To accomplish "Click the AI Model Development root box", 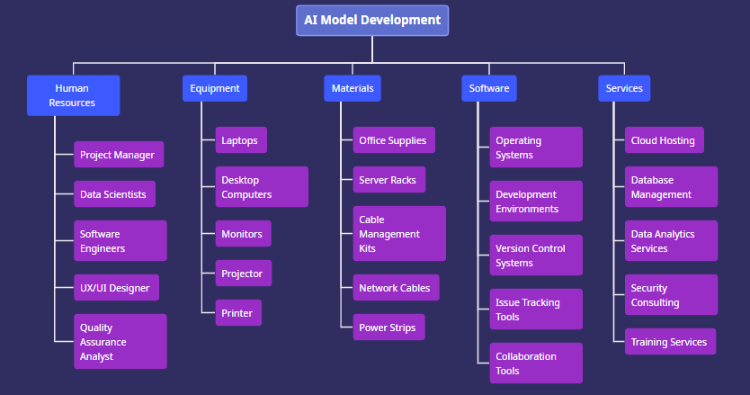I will tap(372, 20).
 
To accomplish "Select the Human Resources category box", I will tap(73, 95).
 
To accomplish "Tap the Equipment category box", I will tap(215, 88).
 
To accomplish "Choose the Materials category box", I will tap(353, 88).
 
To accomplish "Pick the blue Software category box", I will tap(489, 88).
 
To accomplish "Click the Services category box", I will tap(624, 88).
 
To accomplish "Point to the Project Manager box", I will tap(118, 155).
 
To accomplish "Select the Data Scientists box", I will tap(114, 194).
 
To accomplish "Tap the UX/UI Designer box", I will tap(116, 288).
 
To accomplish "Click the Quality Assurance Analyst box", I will tap(120, 342).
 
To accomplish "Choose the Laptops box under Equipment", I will tap(241, 140).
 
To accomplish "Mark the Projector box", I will tap(243, 274).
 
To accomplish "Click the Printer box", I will tap(238, 313).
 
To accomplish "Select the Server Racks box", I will tap(388, 180).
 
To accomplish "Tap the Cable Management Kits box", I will tap(398, 234).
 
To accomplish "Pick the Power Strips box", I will tap(388, 328).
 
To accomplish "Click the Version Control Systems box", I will tap(536, 256).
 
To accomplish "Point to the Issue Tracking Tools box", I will tap(536, 310).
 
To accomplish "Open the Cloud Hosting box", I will tap(664, 140).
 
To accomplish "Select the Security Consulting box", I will tap(671, 295).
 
